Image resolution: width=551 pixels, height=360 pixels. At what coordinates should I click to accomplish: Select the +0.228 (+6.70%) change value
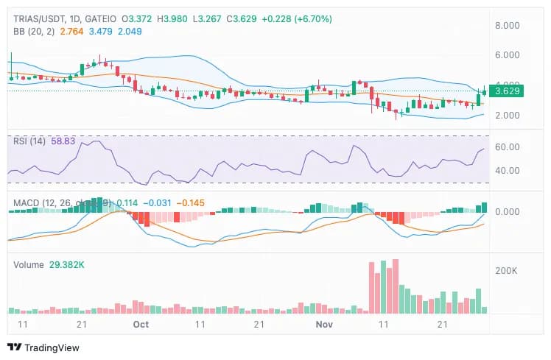[x=295, y=18]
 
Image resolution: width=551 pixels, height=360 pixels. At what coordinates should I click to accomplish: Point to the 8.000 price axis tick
[x=508, y=25]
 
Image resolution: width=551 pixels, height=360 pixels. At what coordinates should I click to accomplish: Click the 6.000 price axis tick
[x=508, y=55]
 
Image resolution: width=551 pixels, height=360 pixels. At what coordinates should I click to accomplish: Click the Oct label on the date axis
[x=141, y=324]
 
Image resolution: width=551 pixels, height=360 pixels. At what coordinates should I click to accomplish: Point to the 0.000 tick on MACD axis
[x=508, y=211]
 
